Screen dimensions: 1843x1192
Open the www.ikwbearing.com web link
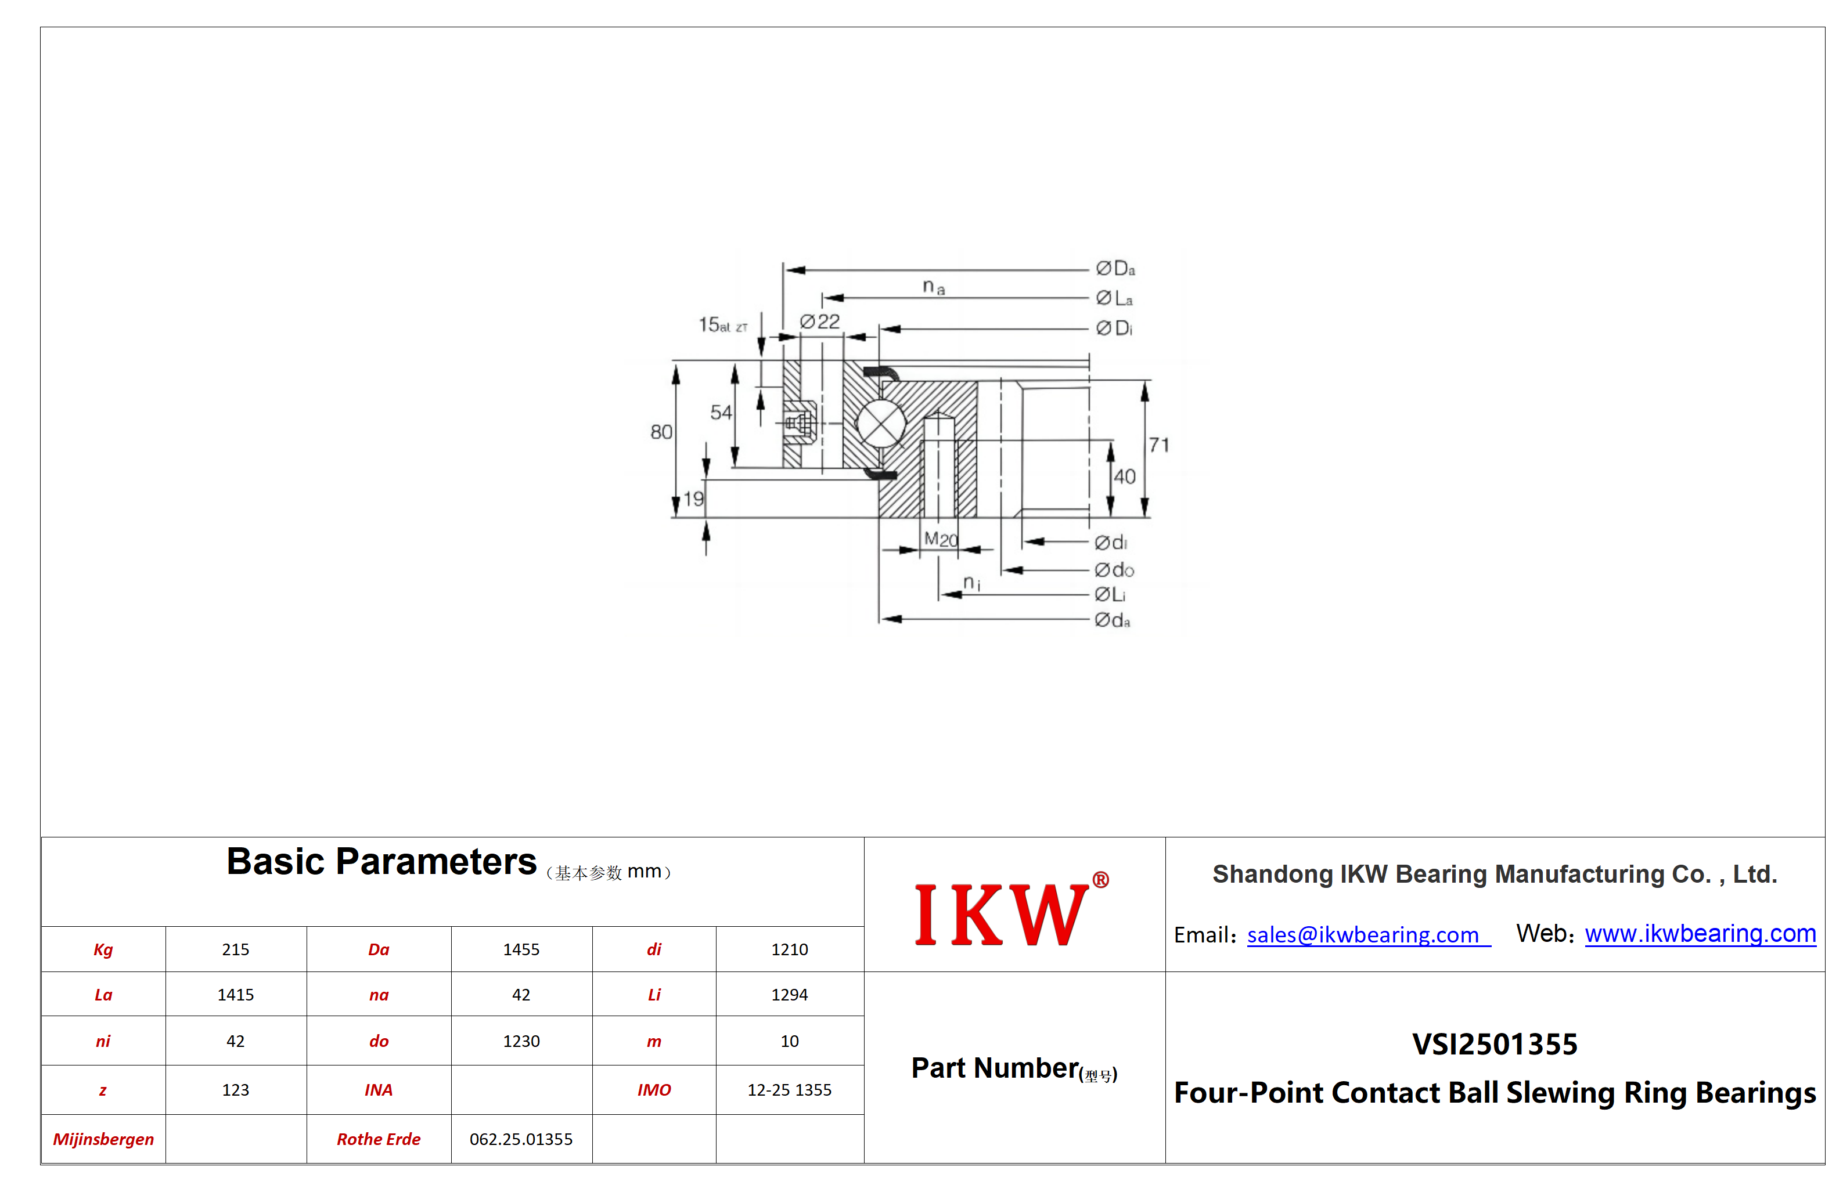[x=1700, y=934]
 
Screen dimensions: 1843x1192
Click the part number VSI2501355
[x=1495, y=1044]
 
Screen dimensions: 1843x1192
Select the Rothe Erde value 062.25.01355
[x=521, y=1139]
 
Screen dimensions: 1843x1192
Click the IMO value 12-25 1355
[x=789, y=1090]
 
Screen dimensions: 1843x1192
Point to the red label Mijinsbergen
[x=103, y=1139]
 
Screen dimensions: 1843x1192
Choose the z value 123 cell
[x=235, y=1090]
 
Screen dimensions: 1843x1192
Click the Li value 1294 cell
[x=789, y=995]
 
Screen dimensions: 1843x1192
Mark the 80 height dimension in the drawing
[x=661, y=432]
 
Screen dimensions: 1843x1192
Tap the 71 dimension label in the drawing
[x=1158, y=445]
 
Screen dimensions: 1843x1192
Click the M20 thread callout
[x=941, y=540]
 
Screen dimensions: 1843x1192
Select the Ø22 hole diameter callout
[x=820, y=322]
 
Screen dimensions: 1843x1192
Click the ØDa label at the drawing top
[x=1115, y=269]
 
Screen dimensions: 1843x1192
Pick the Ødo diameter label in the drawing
[x=1114, y=570]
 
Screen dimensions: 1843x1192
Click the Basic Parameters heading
[x=381, y=861]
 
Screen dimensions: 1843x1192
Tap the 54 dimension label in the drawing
[x=721, y=413]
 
